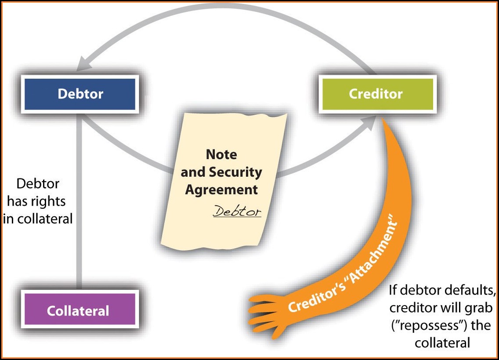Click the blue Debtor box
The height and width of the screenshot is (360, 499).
click(80, 94)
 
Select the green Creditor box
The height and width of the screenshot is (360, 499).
click(376, 94)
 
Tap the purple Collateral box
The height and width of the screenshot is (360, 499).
click(78, 311)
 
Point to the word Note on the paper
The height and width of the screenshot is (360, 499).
click(221, 155)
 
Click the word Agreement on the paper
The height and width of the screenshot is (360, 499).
click(221, 189)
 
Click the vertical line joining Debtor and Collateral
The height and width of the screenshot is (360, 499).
click(78, 198)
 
